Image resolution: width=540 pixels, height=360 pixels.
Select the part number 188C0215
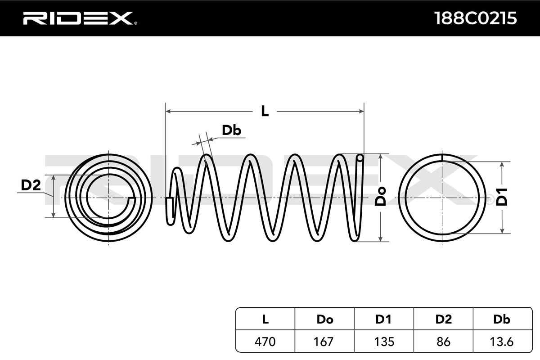[x=475, y=18]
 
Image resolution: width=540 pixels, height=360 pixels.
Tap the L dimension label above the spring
[x=265, y=111]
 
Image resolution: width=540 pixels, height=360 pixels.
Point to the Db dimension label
[x=232, y=130]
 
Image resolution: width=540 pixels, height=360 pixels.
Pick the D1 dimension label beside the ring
[x=502, y=197]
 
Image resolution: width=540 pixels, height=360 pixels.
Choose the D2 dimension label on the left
[x=31, y=184]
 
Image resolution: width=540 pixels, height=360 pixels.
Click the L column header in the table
[x=265, y=319]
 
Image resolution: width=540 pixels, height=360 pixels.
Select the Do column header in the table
[x=324, y=319]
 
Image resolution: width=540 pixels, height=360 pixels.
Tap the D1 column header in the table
[x=384, y=319]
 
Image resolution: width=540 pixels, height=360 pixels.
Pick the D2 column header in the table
[x=443, y=319]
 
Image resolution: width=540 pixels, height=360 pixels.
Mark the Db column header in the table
[x=502, y=319]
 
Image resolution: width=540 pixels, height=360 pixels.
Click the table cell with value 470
[x=265, y=342]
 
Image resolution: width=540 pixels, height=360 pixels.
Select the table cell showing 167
[x=324, y=342]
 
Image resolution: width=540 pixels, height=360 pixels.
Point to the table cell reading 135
[x=384, y=342]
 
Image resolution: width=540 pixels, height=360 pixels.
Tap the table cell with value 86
[x=443, y=342]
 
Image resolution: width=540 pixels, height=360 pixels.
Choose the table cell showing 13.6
[x=502, y=342]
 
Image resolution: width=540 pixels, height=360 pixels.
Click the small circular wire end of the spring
[x=359, y=158]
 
